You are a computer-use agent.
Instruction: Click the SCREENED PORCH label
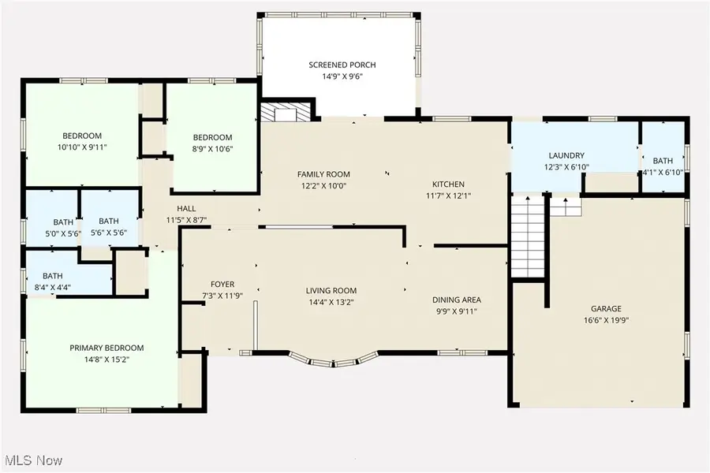tap(342, 65)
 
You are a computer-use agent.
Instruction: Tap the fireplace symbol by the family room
tap(286, 111)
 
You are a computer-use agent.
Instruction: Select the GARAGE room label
tap(606, 309)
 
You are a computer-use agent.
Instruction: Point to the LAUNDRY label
tap(566, 155)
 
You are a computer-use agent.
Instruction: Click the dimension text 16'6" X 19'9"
tap(607, 321)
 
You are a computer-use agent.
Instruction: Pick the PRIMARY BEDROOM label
tap(106, 348)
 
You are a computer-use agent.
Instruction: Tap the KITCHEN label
tap(448, 184)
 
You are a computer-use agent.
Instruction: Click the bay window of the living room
tap(333, 359)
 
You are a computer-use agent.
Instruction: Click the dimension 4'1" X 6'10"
tap(663, 173)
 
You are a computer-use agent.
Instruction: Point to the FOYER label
tap(222, 285)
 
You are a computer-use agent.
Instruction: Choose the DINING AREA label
tap(457, 300)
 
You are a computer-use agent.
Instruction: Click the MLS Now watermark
tap(32, 460)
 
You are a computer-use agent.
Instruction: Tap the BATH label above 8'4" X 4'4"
tap(53, 276)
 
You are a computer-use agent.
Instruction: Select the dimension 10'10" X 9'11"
tap(82, 147)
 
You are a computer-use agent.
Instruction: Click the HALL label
tap(186, 209)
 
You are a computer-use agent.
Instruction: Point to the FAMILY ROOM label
tap(323, 174)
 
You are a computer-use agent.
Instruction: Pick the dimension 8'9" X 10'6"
tap(213, 149)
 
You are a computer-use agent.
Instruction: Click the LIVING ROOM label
tap(331, 291)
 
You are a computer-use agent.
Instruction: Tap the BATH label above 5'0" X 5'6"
tap(63, 222)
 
